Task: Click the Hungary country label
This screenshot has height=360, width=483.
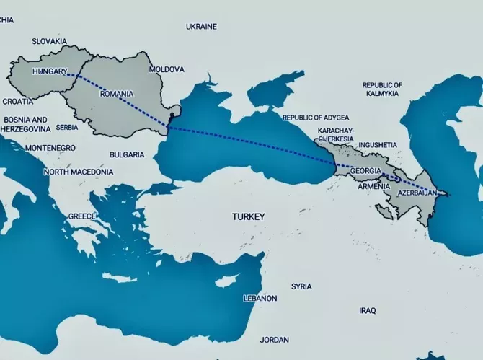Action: [x=50, y=72]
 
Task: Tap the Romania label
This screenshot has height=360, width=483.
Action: [x=117, y=94]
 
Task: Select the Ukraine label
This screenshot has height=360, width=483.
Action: [x=201, y=27]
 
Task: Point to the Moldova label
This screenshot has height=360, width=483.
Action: [x=166, y=70]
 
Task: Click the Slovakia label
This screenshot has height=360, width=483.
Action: [x=49, y=42]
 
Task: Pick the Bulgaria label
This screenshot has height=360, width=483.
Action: [x=127, y=154]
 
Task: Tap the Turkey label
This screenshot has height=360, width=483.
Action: [x=249, y=216]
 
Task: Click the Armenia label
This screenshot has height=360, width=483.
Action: [x=374, y=186]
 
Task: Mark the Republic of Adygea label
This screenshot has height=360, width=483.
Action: [x=316, y=118]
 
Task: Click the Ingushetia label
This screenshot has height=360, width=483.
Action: [x=377, y=144]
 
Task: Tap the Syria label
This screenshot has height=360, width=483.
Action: [x=301, y=286]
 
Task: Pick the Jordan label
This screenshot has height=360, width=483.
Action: [x=275, y=339]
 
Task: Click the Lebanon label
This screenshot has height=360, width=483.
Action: [x=260, y=298]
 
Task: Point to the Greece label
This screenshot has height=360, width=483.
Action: [x=81, y=216]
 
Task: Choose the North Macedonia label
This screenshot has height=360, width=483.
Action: [x=78, y=172]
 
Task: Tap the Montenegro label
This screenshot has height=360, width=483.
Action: [x=50, y=148]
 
